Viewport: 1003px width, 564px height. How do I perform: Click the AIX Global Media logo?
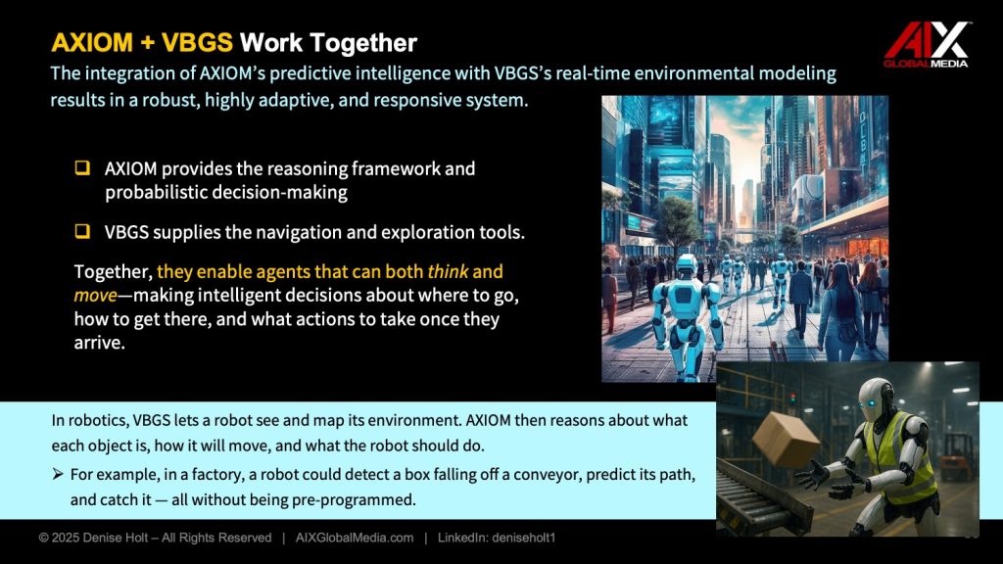(x=927, y=44)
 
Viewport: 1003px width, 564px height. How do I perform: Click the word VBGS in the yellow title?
(x=197, y=43)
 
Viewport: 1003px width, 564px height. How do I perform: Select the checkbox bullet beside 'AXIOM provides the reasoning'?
(x=82, y=168)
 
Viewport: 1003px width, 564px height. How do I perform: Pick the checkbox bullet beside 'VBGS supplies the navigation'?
(x=82, y=231)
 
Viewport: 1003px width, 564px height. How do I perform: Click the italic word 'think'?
(x=448, y=271)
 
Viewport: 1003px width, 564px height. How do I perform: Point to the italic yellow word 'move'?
(x=95, y=295)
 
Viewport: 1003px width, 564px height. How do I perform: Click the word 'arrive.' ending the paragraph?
(x=99, y=343)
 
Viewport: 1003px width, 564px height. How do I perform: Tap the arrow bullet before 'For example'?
(x=58, y=474)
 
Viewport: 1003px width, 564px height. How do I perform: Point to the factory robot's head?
(x=875, y=400)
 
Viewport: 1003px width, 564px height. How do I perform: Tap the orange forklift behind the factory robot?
(x=956, y=456)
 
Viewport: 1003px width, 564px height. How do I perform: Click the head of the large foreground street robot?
(x=685, y=266)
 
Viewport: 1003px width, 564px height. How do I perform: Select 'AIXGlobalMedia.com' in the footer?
(x=355, y=538)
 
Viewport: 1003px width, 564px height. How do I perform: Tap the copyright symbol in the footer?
(x=43, y=538)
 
